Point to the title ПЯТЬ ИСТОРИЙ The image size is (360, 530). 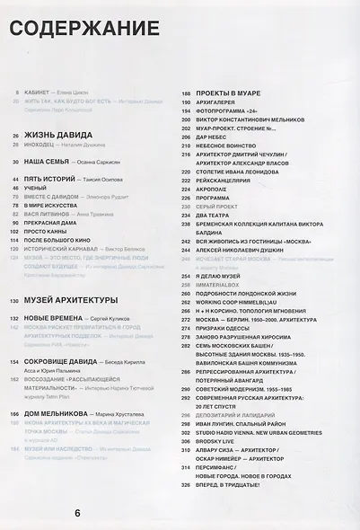pos(47,180)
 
